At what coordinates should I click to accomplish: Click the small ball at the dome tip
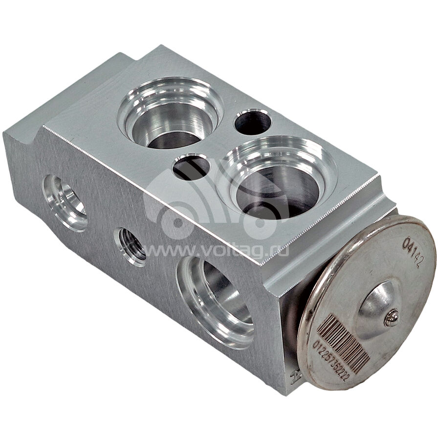point(391,318)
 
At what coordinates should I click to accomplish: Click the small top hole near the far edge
point(253,122)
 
